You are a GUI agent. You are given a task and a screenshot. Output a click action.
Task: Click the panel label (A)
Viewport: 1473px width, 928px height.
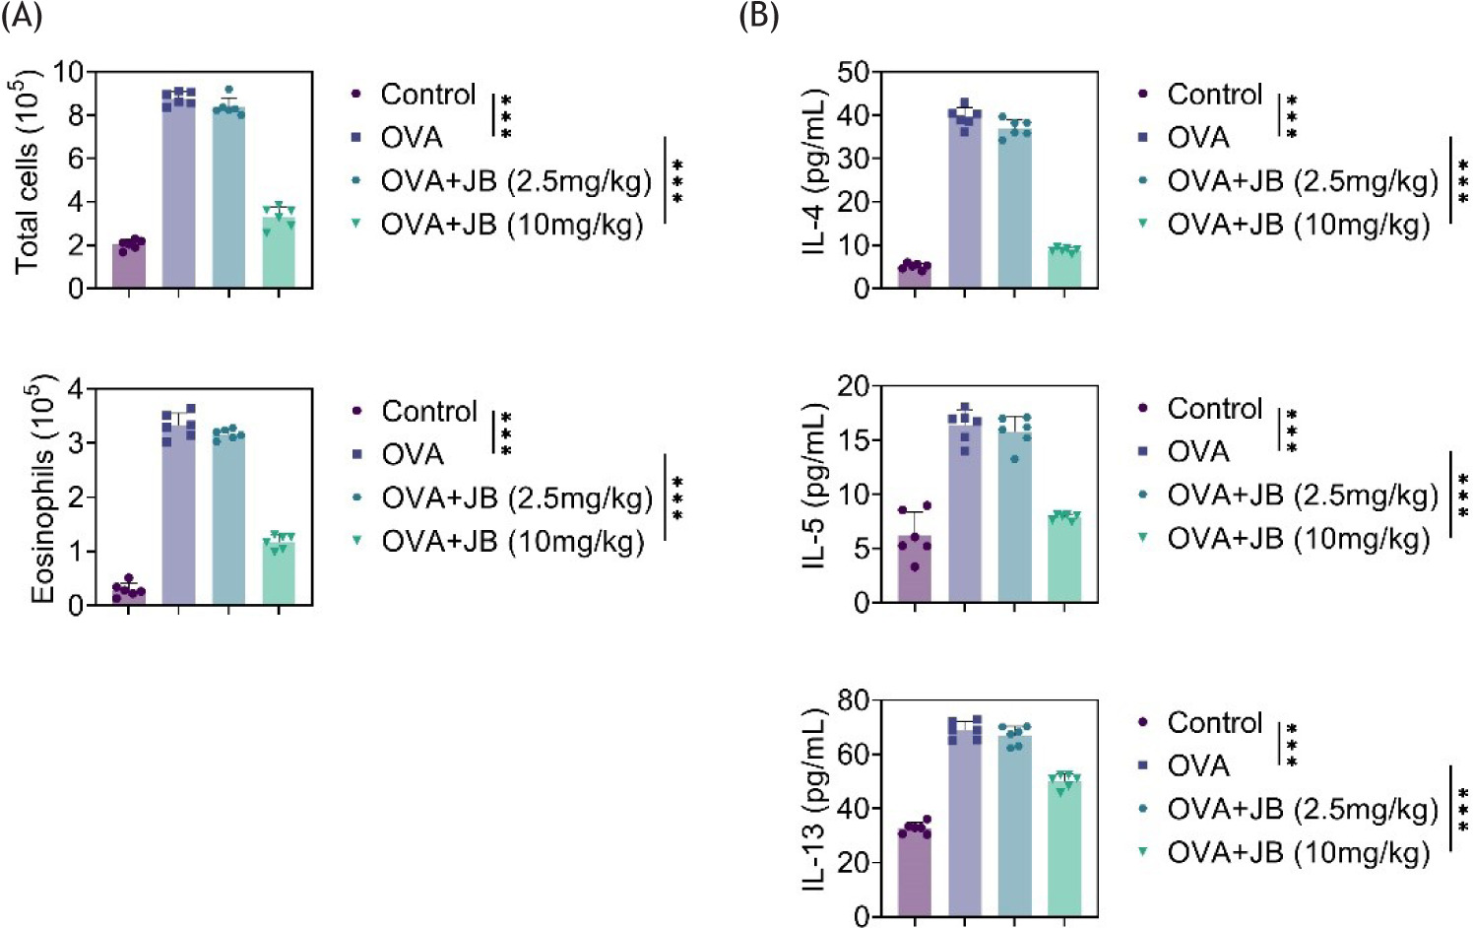point(22,17)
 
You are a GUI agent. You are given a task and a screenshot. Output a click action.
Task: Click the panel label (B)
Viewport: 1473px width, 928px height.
point(759,17)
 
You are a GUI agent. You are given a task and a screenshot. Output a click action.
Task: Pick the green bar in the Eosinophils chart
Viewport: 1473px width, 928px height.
point(279,573)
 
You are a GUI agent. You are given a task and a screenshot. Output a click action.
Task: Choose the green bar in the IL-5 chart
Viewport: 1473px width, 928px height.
point(1064,559)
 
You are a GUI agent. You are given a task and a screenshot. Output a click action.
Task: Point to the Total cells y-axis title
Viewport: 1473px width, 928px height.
point(28,172)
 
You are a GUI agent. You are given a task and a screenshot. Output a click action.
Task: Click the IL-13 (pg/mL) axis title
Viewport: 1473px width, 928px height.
point(815,799)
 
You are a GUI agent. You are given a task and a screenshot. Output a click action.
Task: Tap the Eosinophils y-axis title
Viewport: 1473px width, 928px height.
point(43,489)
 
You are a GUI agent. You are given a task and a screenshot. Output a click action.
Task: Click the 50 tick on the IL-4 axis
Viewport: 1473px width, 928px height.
point(853,72)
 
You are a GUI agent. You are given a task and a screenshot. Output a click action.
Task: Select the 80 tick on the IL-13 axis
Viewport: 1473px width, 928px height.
point(853,700)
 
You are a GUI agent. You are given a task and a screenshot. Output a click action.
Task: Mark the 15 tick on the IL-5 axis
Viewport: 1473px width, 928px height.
point(853,439)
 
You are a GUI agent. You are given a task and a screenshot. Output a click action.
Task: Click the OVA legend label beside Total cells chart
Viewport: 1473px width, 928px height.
point(412,138)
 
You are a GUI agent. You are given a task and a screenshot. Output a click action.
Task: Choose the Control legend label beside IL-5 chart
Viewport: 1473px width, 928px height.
point(1214,409)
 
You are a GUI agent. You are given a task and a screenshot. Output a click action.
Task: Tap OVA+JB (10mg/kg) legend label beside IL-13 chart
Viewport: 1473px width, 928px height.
point(1298,853)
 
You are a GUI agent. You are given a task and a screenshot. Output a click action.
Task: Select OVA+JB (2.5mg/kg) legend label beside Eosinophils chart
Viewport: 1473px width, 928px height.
point(517,498)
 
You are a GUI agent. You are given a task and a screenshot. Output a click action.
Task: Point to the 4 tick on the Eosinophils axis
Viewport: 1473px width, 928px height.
point(76,388)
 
